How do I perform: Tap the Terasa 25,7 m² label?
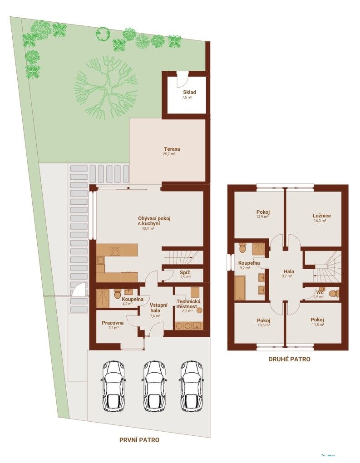tap(172, 151)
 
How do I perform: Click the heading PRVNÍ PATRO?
tap(139, 440)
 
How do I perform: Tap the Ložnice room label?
tap(321, 218)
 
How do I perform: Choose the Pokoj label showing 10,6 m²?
tap(263, 322)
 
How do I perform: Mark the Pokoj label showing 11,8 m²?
tap(317, 322)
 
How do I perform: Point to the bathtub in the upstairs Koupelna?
tap(240, 288)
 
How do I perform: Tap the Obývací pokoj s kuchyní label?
tap(154, 223)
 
